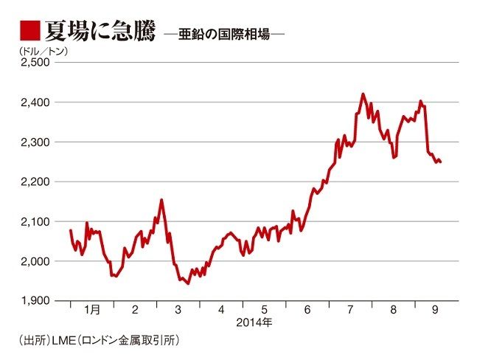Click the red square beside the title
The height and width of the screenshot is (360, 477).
coord(29,31)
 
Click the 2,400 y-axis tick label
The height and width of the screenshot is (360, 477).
coord(32,102)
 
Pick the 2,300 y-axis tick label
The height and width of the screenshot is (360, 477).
coord(32,142)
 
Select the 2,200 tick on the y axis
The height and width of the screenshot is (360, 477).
coord(32,181)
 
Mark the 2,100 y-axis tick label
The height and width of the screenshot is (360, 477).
coord(32,221)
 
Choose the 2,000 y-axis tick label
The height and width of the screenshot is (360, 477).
coord(32,261)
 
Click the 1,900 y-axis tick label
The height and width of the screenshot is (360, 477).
coord(32,301)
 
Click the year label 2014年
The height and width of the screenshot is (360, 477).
coord(254,323)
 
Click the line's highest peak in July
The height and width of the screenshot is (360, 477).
coord(363,94)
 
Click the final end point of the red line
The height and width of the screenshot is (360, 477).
coord(441,162)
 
